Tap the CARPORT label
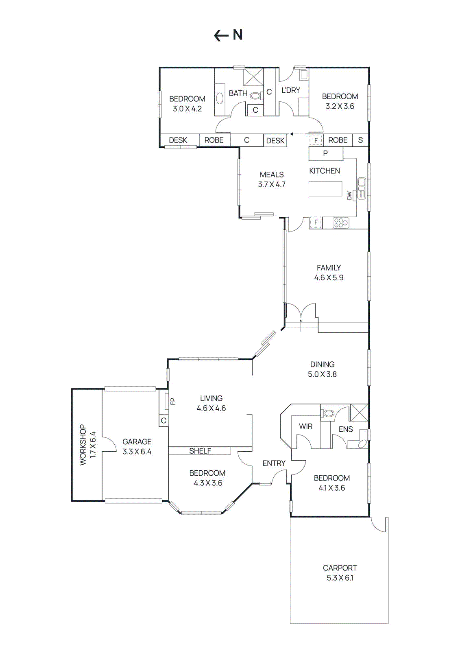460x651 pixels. (340, 568)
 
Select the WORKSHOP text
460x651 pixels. (83, 445)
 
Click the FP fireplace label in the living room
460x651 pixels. (173, 401)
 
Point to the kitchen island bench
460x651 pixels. (325, 189)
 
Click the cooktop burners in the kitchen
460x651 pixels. (340, 223)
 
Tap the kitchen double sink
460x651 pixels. (362, 188)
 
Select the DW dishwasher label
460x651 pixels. (349, 196)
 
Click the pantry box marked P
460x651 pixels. (325, 153)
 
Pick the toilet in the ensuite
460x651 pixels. (328, 413)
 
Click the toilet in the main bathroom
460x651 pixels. (255, 96)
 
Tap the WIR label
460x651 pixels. (305, 426)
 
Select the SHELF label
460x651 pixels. (200, 451)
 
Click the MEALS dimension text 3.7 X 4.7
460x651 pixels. (272, 184)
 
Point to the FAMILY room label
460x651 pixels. (329, 268)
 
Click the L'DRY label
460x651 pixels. (290, 90)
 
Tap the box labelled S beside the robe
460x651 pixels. (360, 140)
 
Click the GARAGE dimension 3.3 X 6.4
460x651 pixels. (137, 452)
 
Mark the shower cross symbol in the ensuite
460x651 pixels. (359, 412)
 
